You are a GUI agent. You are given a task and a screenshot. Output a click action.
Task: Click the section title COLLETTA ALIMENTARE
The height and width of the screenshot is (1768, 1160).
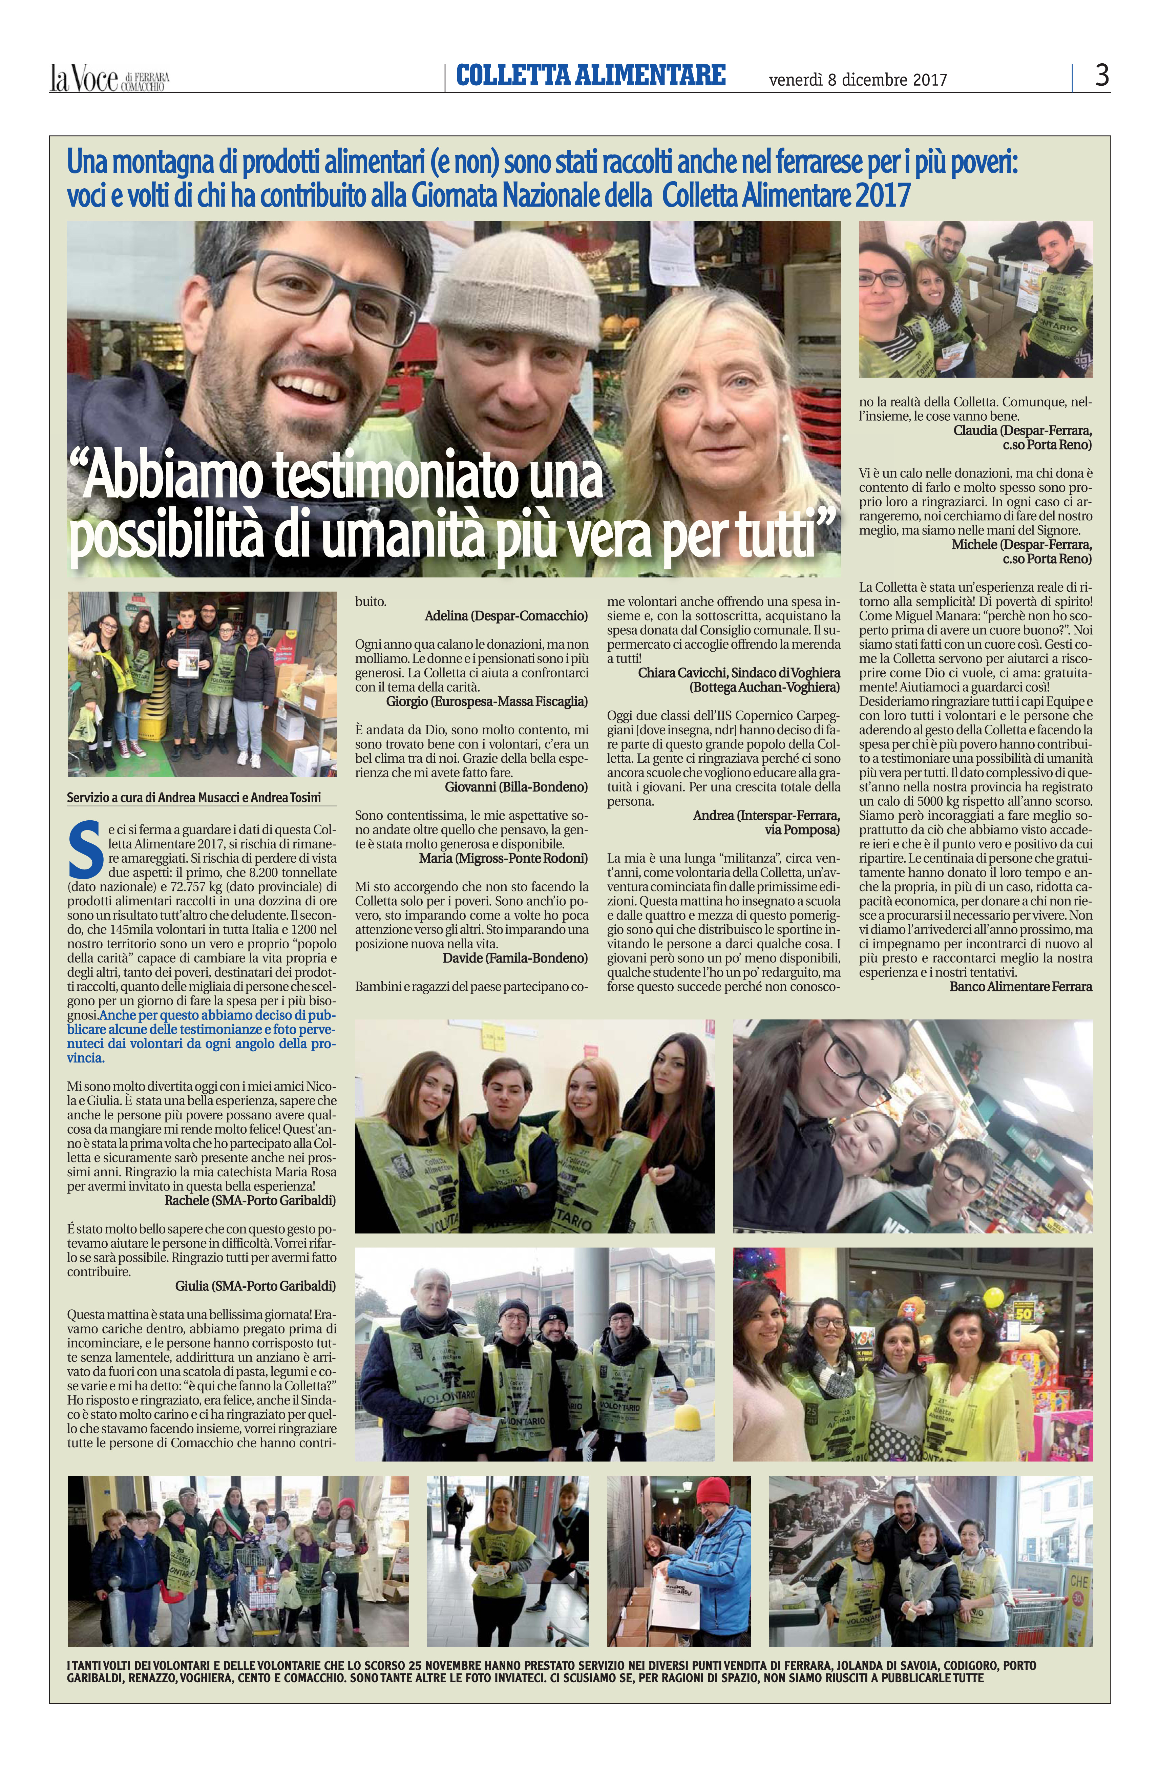pyautogui.click(x=590, y=75)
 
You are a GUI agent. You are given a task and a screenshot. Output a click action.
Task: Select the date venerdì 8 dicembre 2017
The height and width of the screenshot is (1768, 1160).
pyautogui.click(x=858, y=79)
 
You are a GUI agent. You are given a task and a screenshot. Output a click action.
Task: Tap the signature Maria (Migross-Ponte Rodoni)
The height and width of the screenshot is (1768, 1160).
pyautogui.click(x=503, y=858)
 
